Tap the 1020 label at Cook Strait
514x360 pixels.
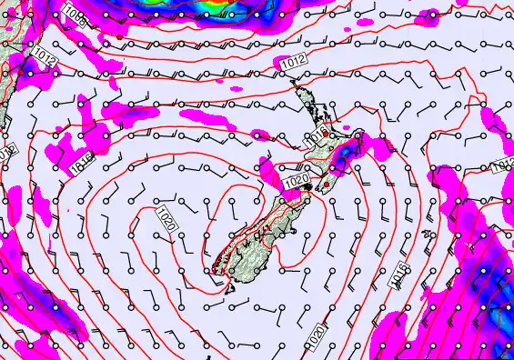[297, 183]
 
